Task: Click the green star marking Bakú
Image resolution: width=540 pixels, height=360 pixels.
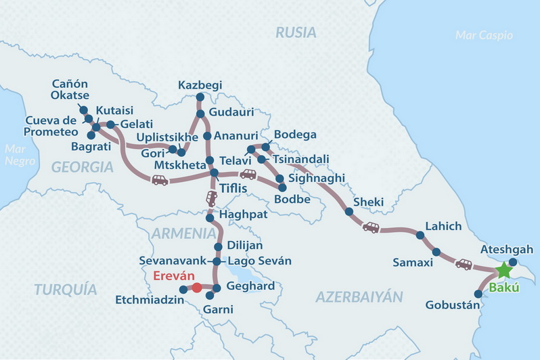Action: point(503,271)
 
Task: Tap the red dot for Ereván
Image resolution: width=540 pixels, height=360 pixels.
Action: point(197,288)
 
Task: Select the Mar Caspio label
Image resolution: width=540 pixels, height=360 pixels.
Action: point(484,35)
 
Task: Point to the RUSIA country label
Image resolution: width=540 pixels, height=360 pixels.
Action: point(296,32)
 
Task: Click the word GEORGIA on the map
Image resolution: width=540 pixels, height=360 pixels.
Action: point(82,167)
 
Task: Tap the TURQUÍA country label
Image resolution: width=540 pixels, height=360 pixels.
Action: point(64,290)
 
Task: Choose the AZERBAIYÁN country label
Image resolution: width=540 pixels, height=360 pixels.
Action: point(359,296)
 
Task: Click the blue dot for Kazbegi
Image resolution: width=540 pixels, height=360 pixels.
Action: point(200,97)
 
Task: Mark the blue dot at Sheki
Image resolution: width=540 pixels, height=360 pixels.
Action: point(349,212)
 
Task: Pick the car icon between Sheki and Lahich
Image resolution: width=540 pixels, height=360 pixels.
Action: point(371,227)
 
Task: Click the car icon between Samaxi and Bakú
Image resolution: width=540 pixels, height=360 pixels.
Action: point(464,264)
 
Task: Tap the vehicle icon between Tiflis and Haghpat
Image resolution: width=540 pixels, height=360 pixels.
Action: point(212,198)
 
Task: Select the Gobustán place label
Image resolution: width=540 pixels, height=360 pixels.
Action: point(452,305)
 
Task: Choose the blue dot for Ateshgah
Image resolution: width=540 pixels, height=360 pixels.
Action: point(513,262)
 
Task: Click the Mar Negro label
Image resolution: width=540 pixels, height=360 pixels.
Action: point(14,155)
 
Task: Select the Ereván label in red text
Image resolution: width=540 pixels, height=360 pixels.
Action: point(173,276)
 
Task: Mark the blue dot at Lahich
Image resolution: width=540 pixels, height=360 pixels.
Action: point(420,235)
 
